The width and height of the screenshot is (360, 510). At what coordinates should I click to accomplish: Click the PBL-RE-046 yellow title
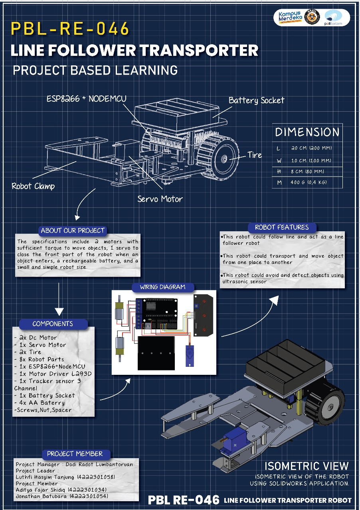(x=70, y=29)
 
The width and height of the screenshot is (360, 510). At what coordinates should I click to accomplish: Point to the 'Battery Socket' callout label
(x=256, y=100)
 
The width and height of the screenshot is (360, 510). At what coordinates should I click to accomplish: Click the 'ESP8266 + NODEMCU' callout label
(x=87, y=98)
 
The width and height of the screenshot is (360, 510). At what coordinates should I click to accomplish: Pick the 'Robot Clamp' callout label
(x=33, y=186)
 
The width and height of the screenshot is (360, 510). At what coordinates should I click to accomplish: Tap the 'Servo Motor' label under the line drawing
(x=160, y=199)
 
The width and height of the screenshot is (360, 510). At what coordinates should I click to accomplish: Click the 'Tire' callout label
(x=255, y=155)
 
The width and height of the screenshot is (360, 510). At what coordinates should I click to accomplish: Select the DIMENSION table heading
(x=307, y=132)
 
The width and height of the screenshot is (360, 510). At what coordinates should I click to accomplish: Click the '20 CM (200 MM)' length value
(x=311, y=148)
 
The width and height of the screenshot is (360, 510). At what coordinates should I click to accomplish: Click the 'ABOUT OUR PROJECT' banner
(x=72, y=230)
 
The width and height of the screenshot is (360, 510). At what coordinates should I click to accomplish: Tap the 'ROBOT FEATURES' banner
(x=282, y=227)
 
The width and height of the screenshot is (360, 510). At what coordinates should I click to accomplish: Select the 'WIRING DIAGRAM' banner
(x=162, y=287)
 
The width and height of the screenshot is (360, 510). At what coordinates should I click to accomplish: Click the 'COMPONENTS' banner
(x=53, y=324)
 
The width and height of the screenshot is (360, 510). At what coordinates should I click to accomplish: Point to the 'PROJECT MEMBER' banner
(x=75, y=454)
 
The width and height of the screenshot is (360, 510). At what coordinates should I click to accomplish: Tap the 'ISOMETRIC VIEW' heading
(x=307, y=466)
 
